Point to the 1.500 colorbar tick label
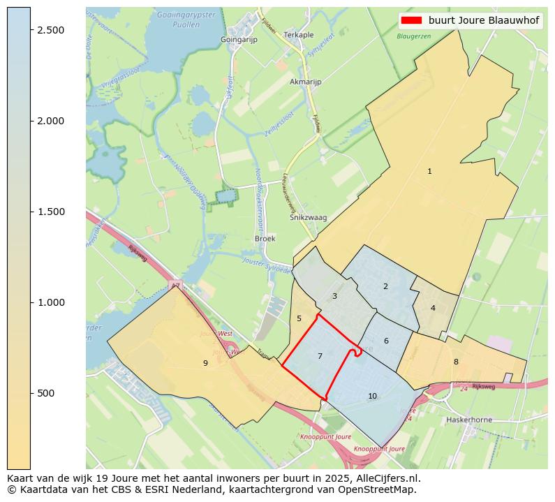click(x=50, y=212)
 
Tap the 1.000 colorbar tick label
click(x=50, y=303)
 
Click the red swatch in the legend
click(x=412, y=21)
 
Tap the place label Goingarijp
click(x=239, y=40)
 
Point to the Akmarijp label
click(x=305, y=82)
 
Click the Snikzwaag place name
click(x=308, y=218)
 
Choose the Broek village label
click(x=265, y=239)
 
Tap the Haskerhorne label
click(x=468, y=420)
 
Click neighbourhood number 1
click(x=429, y=172)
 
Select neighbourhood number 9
click(x=205, y=363)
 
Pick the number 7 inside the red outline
click(x=320, y=357)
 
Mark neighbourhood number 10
click(x=372, y=397)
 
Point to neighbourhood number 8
click(x=456, y=362)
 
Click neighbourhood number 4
click(x=433, y=308)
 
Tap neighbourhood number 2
click(x=385, y=286)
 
